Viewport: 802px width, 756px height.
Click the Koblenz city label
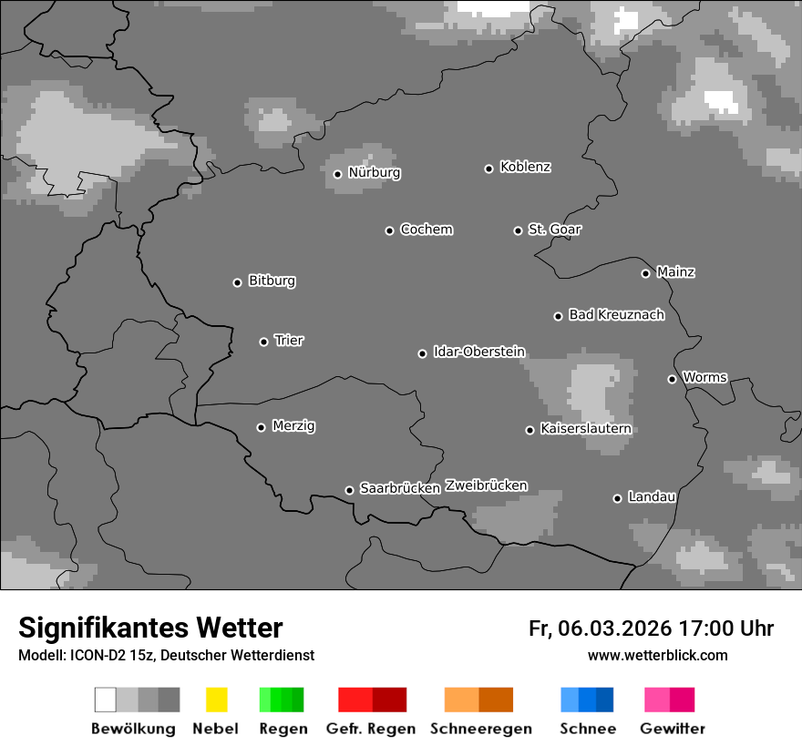(x=525, y=168)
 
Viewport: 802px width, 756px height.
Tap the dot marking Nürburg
(x=337, y=174)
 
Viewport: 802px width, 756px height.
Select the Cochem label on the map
(x=427, y=230)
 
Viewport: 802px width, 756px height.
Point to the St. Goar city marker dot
(x=518, y=230)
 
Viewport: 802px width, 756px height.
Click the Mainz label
(x=675, y=272)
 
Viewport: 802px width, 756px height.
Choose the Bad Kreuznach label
(x=616, y=315)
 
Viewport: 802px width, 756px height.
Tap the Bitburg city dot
(x=237, y=282)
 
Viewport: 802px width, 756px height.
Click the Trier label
(x=289, y=341)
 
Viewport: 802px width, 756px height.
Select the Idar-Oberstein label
(x=479, y=352)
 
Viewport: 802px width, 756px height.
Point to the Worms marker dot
(x=672, y=379)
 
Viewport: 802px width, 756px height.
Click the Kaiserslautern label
(x=585, y=429)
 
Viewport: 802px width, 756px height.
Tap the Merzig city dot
(x=261, y=427)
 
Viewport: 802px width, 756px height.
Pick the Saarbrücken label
(x=400, y=489)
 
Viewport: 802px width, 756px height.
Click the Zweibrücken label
(x=486, y=485)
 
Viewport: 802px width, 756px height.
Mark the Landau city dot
(x=617, y=498)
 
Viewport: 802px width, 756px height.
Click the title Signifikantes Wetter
(x=150, y=628)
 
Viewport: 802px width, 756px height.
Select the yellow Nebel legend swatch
(x=216, y=700)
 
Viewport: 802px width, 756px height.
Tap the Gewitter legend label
(x=673, y=729)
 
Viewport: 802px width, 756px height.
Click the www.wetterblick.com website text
(x=657, y=656)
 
